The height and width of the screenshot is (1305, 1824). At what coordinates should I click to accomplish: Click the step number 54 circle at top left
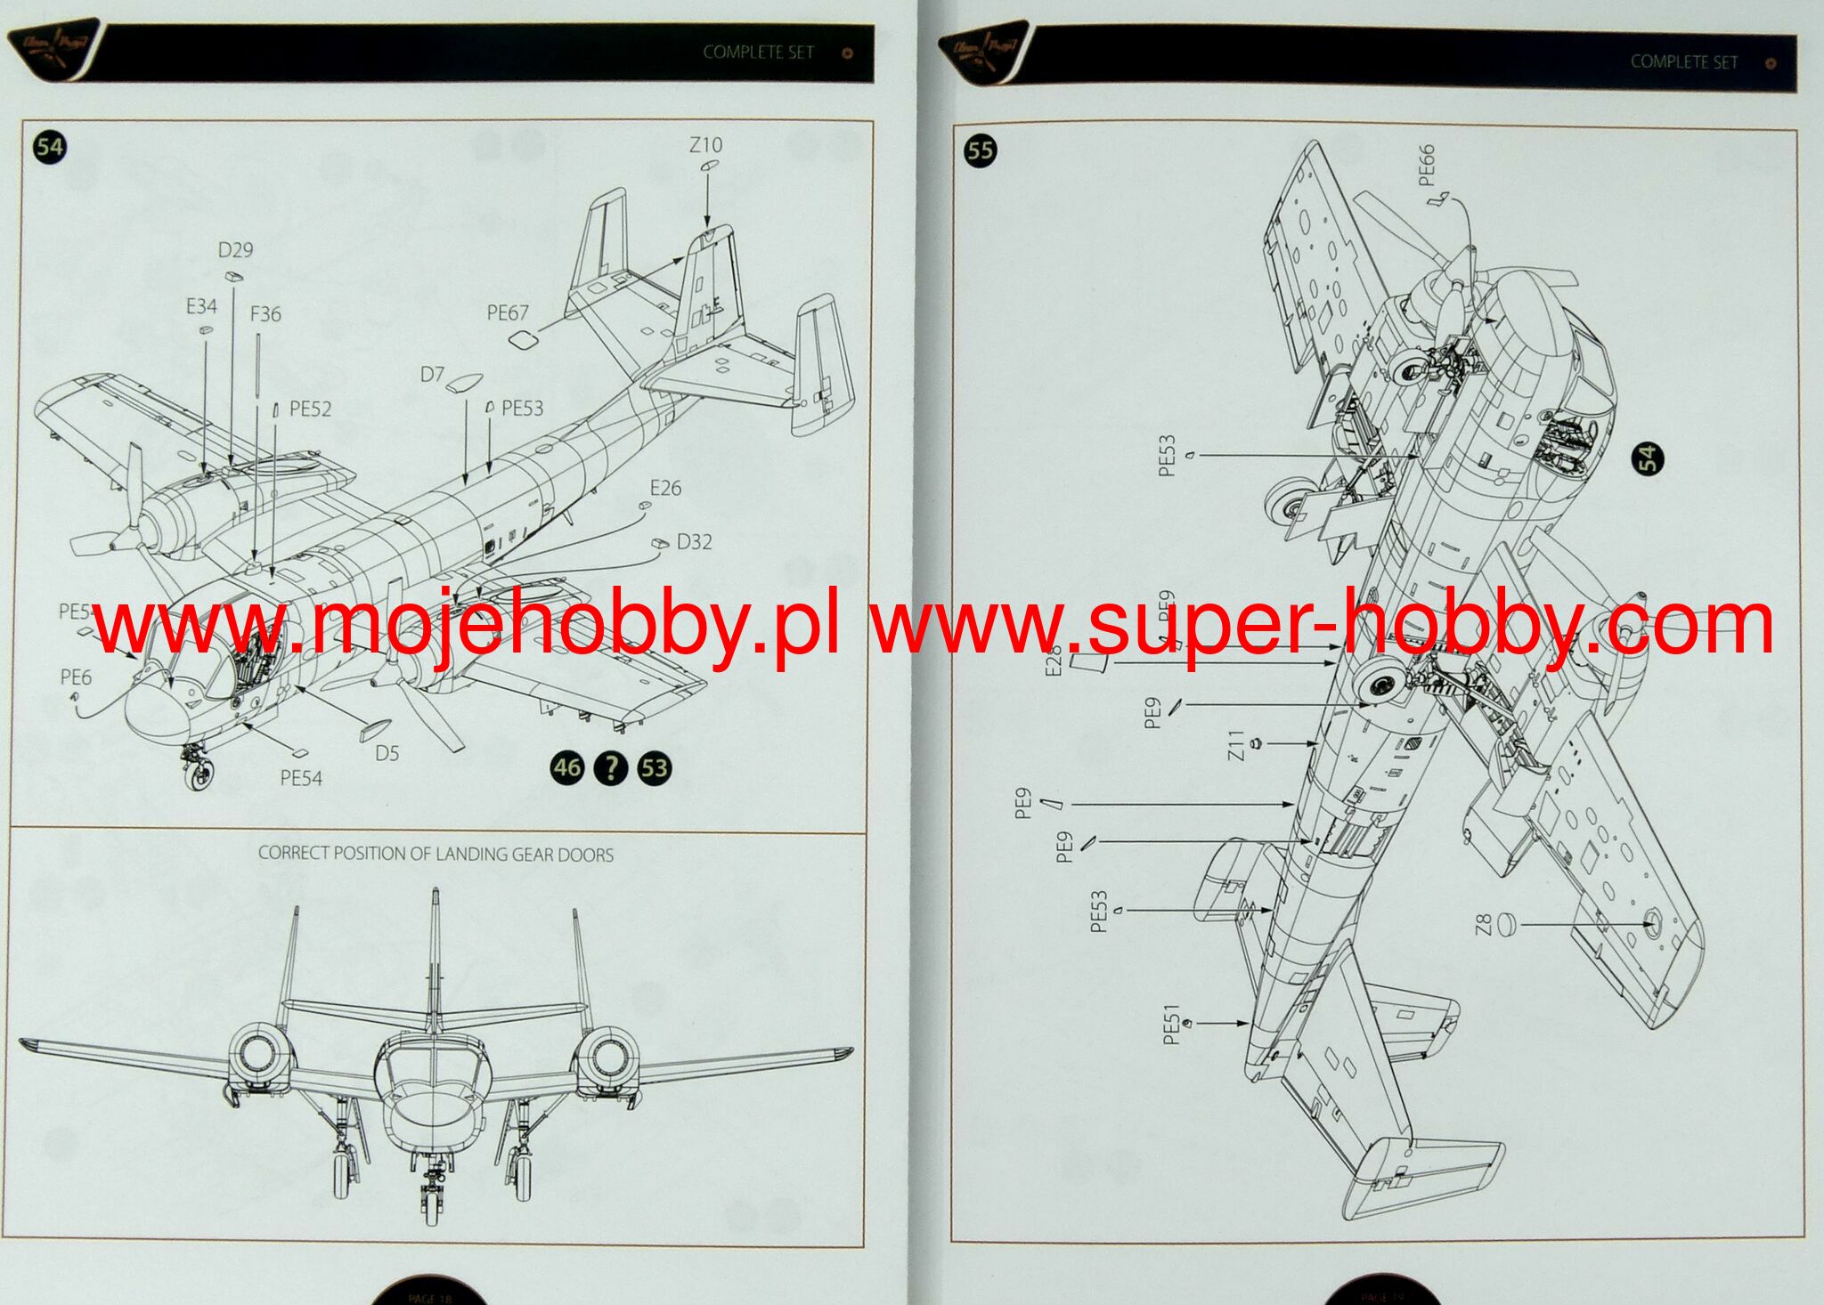pyautogui.click(x=50, y=147)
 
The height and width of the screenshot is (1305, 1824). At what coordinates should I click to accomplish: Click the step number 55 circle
pyautogui.click(x=980, y=150)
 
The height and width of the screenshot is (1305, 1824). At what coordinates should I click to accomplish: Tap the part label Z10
pyautogui.click(x=705, y=145)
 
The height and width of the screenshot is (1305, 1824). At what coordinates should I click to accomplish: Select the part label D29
pyautogui.click(x=235, y=250)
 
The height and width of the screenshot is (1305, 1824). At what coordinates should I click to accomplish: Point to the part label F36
pyautogui.click(x=265, y=314)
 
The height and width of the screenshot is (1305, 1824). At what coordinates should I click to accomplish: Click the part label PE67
pyautogui.click(x=507, y=312)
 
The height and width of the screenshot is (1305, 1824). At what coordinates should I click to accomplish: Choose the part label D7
pyautogui.click(x=432, y=375)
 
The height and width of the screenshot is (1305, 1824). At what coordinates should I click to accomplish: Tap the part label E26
pyautogui.click(x=665, y=488)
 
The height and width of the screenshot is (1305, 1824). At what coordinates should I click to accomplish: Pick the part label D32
pyautogui.click(x=694, y=542)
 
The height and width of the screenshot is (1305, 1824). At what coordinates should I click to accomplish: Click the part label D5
pyautogui.click(x=387, y=753)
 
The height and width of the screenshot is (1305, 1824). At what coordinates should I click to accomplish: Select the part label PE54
pyautogui.click(x=301, y=778)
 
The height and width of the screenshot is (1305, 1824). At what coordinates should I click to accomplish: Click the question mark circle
pyautogui.click(x=611, y=767)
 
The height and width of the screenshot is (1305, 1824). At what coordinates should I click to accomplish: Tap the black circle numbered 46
pyautogui.click(x=567, y=767)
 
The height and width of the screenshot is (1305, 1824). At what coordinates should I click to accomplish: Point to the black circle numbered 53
pyautogui.click(x=655, y=767)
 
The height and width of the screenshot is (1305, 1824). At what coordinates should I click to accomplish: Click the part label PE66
pyautogui.click(x=1426, y=165)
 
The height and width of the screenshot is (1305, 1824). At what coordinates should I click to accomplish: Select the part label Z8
pyautogui.click(x=1483, y=925)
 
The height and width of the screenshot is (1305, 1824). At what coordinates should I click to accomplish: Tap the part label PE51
pyautogui.click(x=1171, y=1024)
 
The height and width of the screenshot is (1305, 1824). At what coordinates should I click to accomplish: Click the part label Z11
pyautogui.click(x=1235, y=745)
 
